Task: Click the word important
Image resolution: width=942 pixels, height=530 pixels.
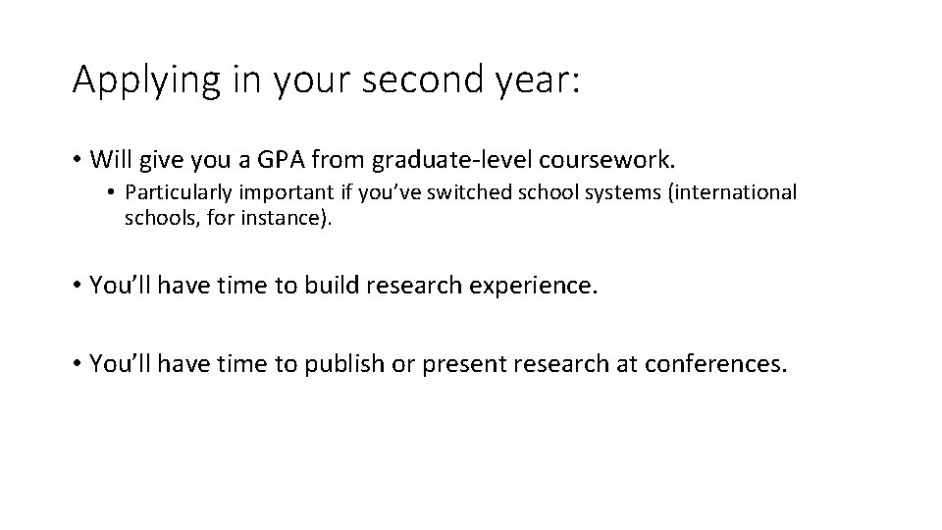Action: tap(272, 192)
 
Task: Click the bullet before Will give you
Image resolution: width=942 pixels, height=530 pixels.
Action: tap(77, 158)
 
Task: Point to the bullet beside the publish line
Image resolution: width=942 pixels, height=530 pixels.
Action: tap(77, 365)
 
